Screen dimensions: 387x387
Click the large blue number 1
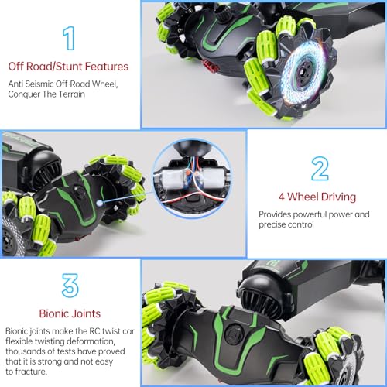[x=69, y=38]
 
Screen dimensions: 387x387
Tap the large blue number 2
[x=320, y=169]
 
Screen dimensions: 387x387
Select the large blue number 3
[x=70, y=286]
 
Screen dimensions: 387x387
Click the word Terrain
[x=71, y=94]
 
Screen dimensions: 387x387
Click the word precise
[x=271, y=224]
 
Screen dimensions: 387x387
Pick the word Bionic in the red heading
[x=53, y=313]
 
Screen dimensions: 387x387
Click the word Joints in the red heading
[x=86, y=314]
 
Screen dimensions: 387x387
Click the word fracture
[x=31, y=372]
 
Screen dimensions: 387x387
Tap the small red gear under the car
[x=210, y=67]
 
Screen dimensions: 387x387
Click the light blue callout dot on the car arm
[x=100, y=203]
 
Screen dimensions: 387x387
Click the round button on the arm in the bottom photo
[x=234, y=334]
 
